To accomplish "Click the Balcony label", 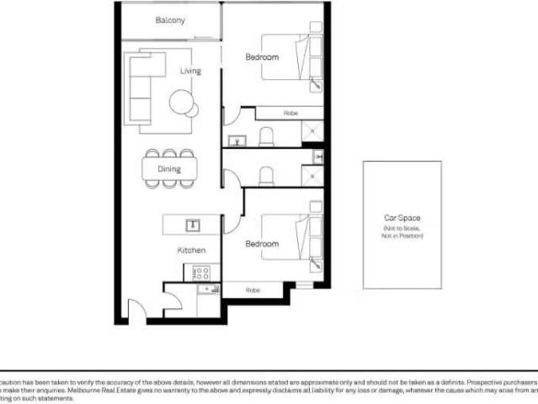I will coord(170,20).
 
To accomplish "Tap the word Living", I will coord(190,71).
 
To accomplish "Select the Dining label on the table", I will coord(169,169).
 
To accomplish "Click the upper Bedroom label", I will coord(261,57).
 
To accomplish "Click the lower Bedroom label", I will coord(261,243).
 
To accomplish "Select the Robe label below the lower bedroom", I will coord(253,290).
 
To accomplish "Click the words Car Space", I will coord(402,218).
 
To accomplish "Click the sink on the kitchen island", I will coord(192,225).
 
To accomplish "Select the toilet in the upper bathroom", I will coord(267,136).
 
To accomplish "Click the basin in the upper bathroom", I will coord(236,140).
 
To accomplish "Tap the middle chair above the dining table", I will coord(169,154).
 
